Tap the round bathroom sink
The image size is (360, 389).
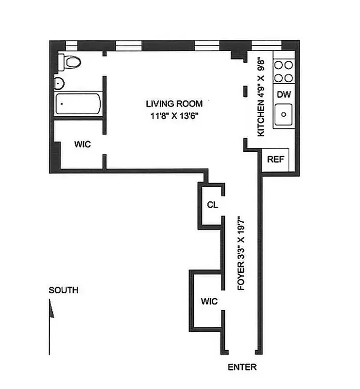tap(59, 84)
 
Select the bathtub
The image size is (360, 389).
tap(78, 105)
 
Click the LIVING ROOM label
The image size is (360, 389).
tap(174, 104)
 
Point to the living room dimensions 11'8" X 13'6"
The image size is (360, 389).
tap(174, 116)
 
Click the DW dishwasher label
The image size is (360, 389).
tap(283, 94)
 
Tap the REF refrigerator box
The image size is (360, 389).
tap(275, 159)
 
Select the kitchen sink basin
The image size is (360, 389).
tap(283, 115)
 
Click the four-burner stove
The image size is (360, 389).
tap(283, 71)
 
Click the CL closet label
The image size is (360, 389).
tap(212, 205)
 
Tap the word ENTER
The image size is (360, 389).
tap(242, 367)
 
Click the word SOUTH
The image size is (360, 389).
tap(63, 290)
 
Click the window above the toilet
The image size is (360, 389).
tap(71, 47)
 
